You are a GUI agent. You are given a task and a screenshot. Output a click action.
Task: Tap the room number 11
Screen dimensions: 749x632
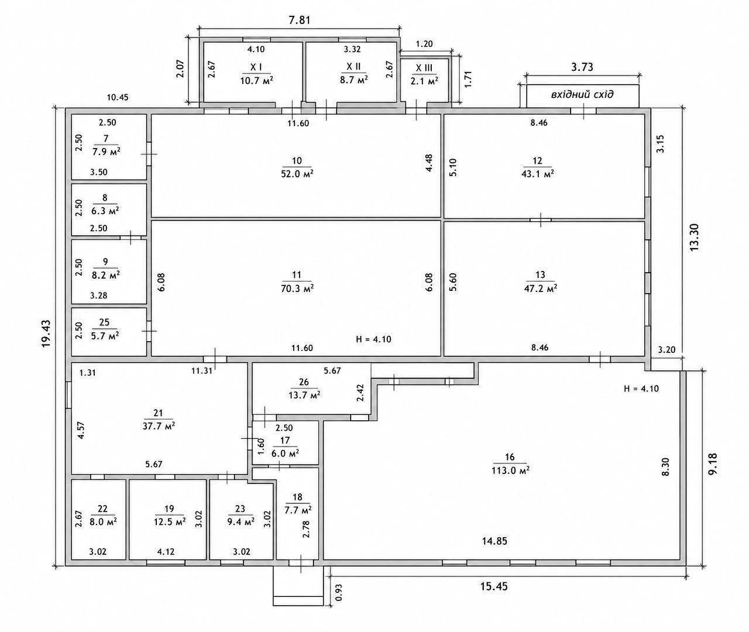(297, 275)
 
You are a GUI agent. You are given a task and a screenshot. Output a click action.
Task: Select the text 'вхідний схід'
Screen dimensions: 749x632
(582, 95)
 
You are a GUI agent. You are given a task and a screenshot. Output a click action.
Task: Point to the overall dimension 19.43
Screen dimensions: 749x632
(46, 334)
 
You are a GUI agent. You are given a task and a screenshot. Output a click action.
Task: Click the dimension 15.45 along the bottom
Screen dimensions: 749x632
(494, 586)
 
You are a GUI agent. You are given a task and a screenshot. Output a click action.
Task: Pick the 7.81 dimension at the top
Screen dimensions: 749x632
(300, 20)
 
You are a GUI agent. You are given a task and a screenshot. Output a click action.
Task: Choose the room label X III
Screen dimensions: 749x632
(424, 68)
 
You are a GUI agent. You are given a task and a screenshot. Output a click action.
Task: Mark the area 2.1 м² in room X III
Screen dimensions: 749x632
(424, 81)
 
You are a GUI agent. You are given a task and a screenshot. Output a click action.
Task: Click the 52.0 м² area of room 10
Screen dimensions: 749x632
(297, 174)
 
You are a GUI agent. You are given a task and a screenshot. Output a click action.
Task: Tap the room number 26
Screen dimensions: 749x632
(304, 382)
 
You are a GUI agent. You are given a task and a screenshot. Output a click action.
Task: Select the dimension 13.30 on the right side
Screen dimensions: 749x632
(694, 237)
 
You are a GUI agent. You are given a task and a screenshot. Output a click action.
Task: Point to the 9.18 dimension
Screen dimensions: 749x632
(713, 464)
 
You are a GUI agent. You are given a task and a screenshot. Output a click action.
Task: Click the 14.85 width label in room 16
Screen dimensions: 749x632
(494, 541)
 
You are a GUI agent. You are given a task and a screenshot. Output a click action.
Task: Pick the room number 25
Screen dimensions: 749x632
(104, 322)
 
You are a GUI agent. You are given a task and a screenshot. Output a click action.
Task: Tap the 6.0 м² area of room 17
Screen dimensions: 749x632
(285, 454)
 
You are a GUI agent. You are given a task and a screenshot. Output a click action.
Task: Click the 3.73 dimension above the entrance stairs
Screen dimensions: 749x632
(582, 67)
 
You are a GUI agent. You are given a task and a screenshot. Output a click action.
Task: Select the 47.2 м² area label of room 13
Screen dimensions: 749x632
(541, 288)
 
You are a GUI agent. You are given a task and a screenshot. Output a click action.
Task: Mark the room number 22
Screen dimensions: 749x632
(102, 509)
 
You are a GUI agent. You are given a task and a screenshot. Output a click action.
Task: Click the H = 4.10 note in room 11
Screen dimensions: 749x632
(373, 339)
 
